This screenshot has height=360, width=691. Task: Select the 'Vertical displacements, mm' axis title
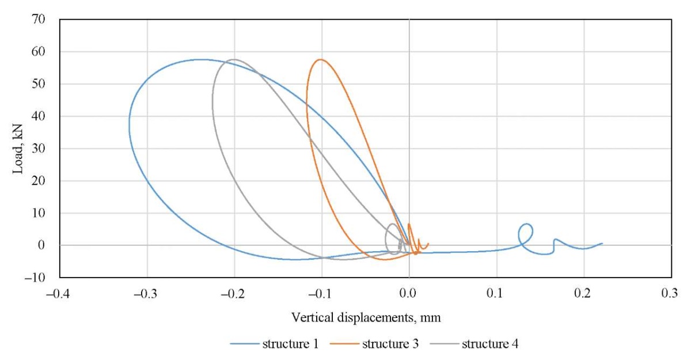(366, 317)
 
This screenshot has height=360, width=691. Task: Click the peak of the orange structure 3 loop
(320, 59)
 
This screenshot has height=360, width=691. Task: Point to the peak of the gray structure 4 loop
(233, 59)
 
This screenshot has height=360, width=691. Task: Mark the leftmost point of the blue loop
(129, 124)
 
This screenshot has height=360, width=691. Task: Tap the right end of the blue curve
(602, 243)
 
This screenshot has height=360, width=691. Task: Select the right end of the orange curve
(428, 244)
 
